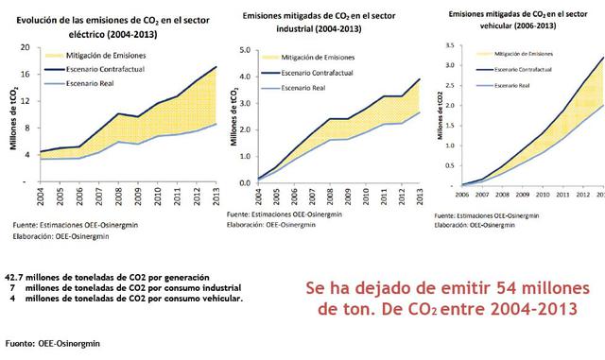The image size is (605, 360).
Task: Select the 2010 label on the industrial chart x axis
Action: click(326, 197)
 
